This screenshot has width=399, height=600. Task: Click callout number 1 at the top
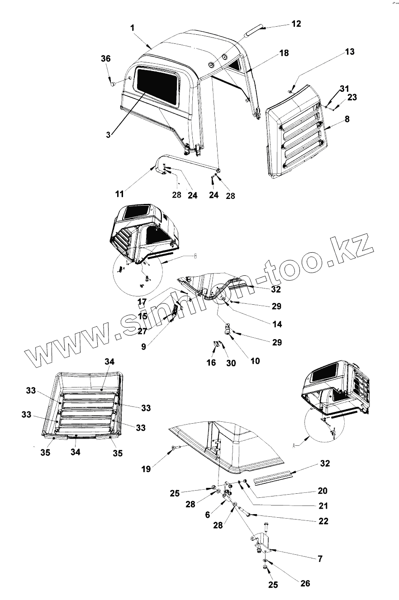pyautogui.click(x=133, y=28)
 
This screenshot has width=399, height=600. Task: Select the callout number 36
pyautogui.click(x=105, y=59)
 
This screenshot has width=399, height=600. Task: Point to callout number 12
pyautogui.click(x=296, y=24)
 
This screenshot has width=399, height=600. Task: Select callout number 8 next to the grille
pyautogui.click(x=347, y=120)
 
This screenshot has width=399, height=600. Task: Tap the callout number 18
pyautogui.click(x=284, y=53)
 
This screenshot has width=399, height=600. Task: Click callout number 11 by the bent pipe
pyautogui.click(x=119, y=194)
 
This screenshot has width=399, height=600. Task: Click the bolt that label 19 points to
pyautogui.click(x=175, y=448)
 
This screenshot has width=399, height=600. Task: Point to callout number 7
pyautogui.click(x=320, y=559)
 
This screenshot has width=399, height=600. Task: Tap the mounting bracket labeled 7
pyautogui.click(x=262, y=541)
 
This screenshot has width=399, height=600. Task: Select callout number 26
pyautogui.click(x=305, y=583)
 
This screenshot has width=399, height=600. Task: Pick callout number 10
pyautogui.click(x=255, y=361)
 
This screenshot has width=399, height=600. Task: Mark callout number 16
pyautogui.click(x=211, y=363)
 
